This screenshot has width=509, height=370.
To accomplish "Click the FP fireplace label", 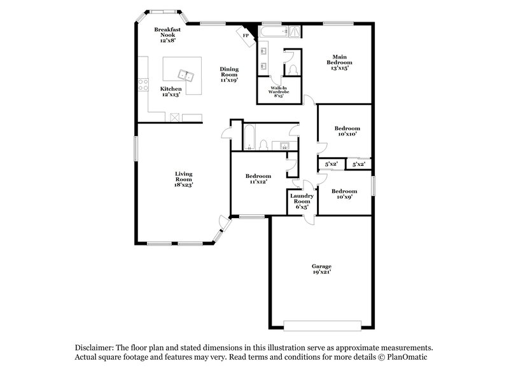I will pos(245,36).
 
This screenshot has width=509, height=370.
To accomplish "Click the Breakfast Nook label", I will pos(168,34).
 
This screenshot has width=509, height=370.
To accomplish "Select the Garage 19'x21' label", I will pos(321,268).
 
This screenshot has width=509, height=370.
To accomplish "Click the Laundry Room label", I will pos(302,201).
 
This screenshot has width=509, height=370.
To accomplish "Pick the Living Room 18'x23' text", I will pos(183,179).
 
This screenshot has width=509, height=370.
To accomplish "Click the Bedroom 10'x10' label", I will pos(347,131).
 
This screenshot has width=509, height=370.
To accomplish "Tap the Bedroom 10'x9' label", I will pos(344,193).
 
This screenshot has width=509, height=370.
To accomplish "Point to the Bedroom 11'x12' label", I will pos(258,179).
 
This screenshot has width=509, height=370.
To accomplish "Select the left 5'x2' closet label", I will pos(331,164).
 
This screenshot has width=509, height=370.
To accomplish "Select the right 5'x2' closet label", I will pos(358,164).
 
